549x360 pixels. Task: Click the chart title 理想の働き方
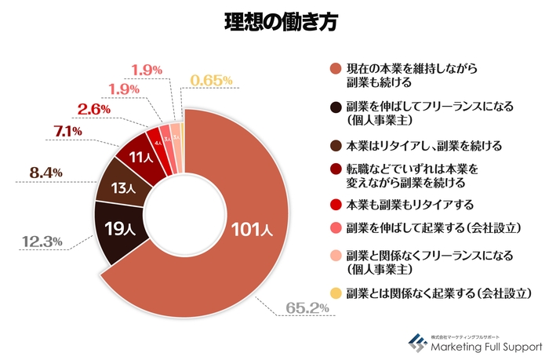[x=274, y=23]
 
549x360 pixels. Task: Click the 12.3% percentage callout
[x=42, y=242]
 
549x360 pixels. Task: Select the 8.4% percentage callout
[x=46, y=171]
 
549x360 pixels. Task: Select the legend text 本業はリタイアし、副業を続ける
[x=424, y=146]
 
